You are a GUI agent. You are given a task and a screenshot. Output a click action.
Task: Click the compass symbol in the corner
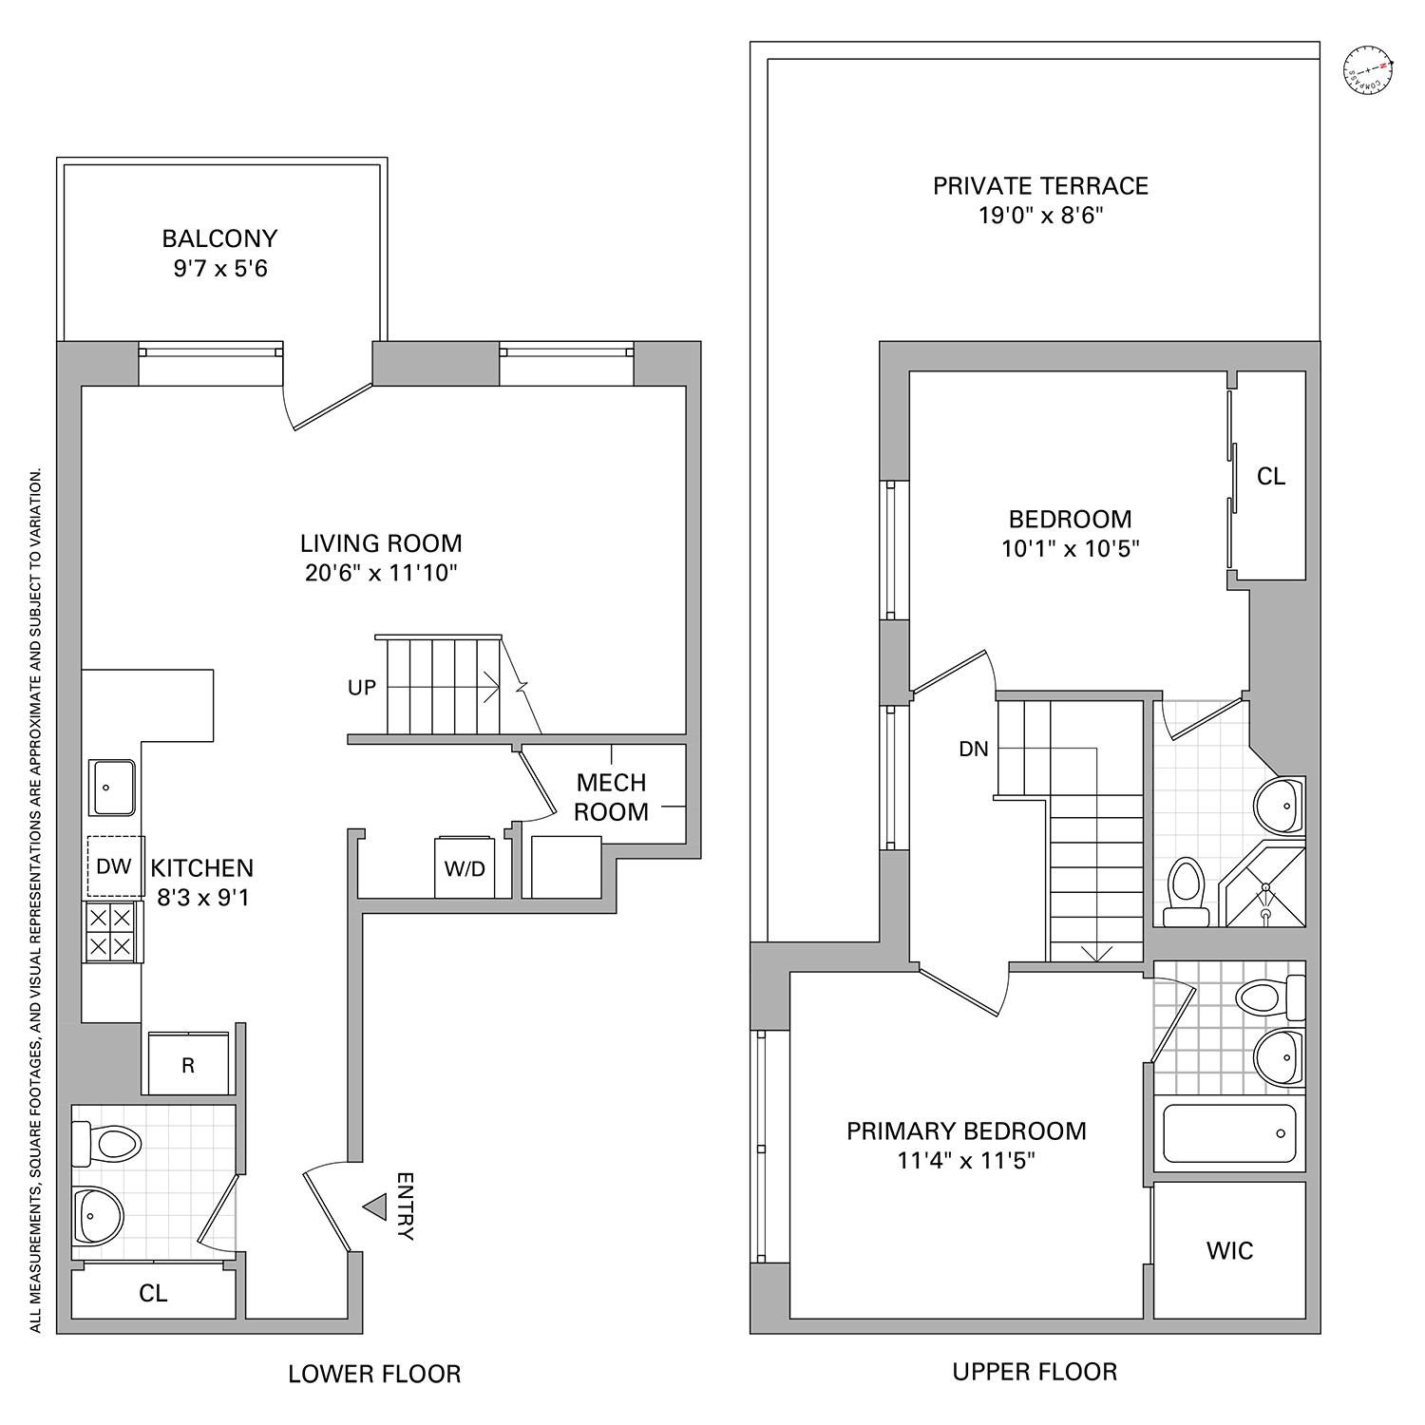[x=1369, y=71]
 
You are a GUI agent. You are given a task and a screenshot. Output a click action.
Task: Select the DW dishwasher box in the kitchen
[x=114, y=865]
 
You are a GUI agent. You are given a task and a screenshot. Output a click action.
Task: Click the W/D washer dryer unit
[x=465, y=867]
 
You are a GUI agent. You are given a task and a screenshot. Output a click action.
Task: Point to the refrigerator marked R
[x=188, y=1065]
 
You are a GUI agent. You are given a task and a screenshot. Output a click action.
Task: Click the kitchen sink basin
[x=113, y=787]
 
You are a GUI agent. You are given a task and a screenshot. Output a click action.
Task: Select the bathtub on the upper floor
[x=1229, y=1133]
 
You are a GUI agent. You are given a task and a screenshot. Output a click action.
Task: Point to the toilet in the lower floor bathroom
[x=106, y=1142]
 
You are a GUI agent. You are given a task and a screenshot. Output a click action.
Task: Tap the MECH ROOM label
[x=612, y=797]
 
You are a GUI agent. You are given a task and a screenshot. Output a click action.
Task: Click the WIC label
[x=1229, y=1251]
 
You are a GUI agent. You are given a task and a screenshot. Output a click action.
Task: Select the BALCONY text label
[x=219, y=238]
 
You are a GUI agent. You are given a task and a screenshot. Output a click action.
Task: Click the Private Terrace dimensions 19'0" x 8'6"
[x=1040, y=216]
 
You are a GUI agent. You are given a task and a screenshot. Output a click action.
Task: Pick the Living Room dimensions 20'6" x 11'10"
[x=381, y=573]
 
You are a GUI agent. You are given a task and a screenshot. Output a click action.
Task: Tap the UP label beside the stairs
[x=362, y=687]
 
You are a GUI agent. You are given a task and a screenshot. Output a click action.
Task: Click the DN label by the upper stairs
[x=974, y=749]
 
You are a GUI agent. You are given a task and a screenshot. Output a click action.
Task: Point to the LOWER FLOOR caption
[x=374, y=1374]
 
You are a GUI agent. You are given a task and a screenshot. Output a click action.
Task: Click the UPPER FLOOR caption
[x=1035, y=1372]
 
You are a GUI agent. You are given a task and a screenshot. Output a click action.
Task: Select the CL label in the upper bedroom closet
[x=1271, y=477]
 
